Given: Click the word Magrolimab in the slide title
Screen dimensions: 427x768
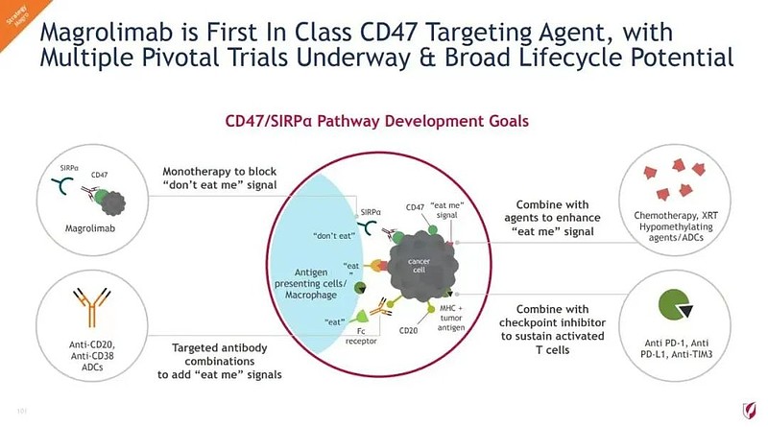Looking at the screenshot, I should click(104, 33).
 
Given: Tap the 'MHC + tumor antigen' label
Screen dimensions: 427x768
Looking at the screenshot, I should click(452, 320).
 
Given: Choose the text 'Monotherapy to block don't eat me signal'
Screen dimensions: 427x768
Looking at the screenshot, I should click(219, 178).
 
